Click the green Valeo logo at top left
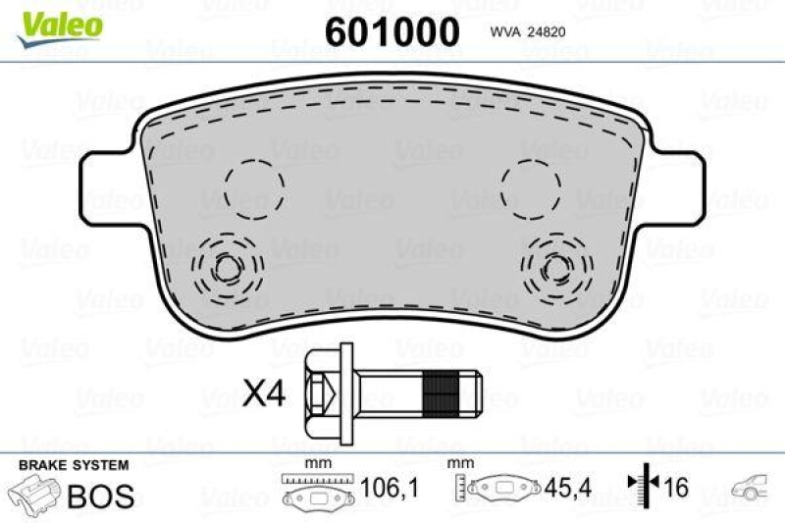pos(57,22)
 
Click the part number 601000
pos(392,32)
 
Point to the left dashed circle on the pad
pos(253,185)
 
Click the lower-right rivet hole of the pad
pos(556,265)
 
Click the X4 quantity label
pos(263,394)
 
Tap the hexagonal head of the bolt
pos(323,393)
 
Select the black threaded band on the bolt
pos(441,393)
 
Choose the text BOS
pos(99,494)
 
